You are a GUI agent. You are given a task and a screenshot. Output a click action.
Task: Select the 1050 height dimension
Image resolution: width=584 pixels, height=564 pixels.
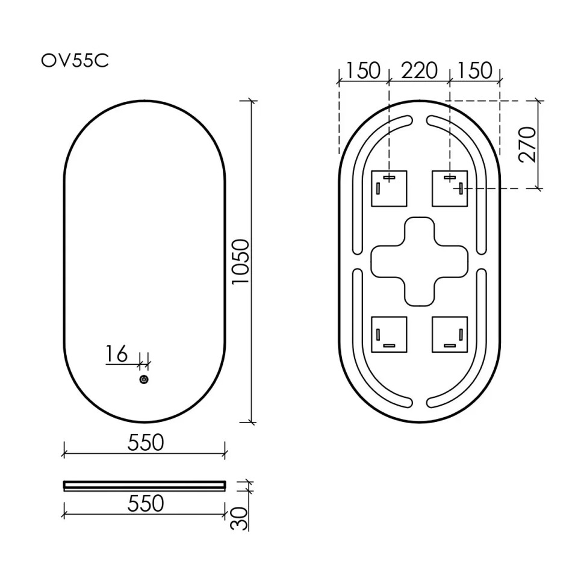pyautogui.click(x=241, y=262)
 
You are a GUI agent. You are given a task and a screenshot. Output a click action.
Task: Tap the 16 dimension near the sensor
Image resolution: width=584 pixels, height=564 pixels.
pyautogui.click(x=117, y=355)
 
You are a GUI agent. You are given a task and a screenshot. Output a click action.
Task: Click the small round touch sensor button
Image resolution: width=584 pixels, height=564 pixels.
pyautogui.click(x=144, y=379)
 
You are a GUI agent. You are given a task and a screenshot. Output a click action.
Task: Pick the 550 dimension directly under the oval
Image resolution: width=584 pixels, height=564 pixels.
pyautogui.click(x=145, y=442)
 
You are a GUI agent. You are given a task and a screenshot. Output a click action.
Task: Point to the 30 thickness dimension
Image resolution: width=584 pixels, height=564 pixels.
pyautogui.click(x=240, y=518)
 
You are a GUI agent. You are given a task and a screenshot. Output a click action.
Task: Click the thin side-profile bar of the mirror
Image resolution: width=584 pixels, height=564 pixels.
pyautogui.click(x=144, y=485)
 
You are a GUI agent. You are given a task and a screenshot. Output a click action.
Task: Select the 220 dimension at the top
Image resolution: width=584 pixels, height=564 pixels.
pyautogui.click(x=419, y=71)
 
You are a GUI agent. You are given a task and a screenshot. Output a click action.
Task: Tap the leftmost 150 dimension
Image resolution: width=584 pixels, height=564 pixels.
pyautogui.click(x=363, y=71)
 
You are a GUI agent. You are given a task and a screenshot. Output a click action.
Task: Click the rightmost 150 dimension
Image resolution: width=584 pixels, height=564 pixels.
pyautogui.click(x=474, y=71)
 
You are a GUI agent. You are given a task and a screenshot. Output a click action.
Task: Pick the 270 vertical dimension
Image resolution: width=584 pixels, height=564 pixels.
pyautogui.click(x=527, y=144)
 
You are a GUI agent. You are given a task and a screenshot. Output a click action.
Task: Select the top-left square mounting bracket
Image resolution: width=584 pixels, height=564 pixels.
pyautogui.click(x=389, y=188)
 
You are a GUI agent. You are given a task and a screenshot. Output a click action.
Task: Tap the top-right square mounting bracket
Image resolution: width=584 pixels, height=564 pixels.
pyautogui.click(x=450, y=188)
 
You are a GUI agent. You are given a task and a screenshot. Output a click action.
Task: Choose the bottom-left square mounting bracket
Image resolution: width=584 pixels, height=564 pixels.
pyautogui.click(x=389, y=333)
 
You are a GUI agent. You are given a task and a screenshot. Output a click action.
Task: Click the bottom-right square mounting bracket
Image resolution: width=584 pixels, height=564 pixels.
pyautogui.click(x=450, y=333)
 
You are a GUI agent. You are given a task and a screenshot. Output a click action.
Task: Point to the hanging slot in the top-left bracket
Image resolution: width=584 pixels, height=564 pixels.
pyautogui.click(x=389, y=177)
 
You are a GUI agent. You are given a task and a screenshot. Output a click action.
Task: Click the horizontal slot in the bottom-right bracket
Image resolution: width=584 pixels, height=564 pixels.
pyautogui.click(x=450, y=346)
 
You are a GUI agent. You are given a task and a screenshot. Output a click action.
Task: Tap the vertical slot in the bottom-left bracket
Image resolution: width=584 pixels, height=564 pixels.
pyautogui.click(x=377, y=333)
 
